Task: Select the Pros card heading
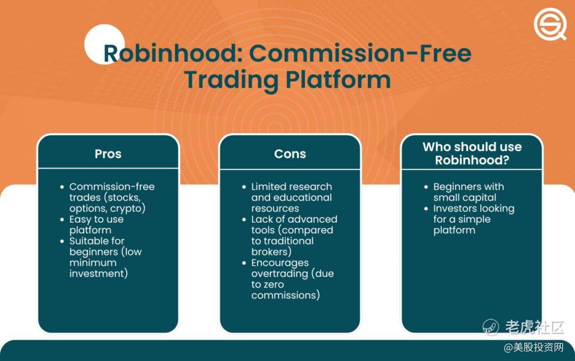tap(108, 154)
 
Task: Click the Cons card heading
tap(290, 154)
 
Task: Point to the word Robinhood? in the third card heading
tap(472, 160)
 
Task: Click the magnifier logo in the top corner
tap(549, 24)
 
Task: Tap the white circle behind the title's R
tap(104, 44)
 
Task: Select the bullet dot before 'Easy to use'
tap(62, 219)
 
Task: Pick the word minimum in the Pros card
tap(93, 262)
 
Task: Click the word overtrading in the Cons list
tap(280, 274)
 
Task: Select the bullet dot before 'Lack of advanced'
tap(244, 219)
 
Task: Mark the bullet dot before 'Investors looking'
tap(426, 209)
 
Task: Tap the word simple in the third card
tap(474, 219)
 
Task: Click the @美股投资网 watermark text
tap(533, 347)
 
